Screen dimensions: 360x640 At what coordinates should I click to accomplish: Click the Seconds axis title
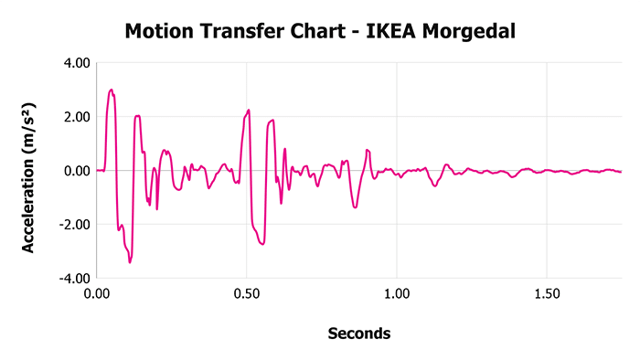click(x=359, y=334)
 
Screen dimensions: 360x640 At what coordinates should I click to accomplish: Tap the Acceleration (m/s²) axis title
click(x=28, y=170)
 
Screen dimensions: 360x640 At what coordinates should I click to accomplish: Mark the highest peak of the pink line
click(x=111, y=90)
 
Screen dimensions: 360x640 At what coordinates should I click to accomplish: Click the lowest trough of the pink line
click(x=130, y=262)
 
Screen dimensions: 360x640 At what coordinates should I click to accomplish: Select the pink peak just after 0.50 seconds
click(x=249, y=110)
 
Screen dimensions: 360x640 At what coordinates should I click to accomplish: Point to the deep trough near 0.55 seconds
click(x=262, y=244)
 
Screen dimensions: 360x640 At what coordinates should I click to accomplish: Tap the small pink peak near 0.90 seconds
click(x=367, y=150)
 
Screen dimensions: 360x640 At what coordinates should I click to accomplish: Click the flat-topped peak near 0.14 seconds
click(x=137, y=116)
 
